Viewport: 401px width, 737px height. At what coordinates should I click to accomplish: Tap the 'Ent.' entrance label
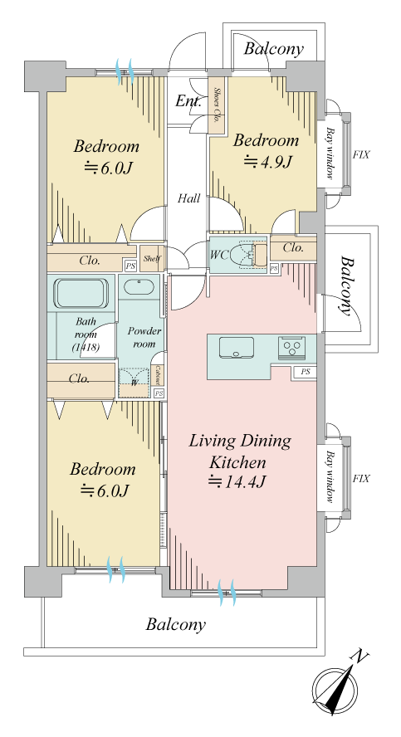click(x=188, y=100)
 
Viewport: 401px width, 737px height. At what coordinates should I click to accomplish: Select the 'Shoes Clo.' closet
click(x=217, y=105)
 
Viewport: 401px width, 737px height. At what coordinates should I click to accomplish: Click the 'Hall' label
click(x=189, y=198)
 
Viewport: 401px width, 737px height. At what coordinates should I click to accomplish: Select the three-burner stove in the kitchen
click(x=291, y=349)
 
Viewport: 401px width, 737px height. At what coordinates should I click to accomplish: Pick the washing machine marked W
click(x=134, y=383)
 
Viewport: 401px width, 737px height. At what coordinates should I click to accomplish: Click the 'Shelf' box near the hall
click(x=151, y=258)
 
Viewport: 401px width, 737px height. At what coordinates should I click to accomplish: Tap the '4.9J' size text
click(x=268, y=162)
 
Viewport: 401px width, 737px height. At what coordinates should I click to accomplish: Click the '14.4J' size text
click(x=238, y=482)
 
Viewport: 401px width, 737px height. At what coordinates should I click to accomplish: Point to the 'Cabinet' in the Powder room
click(x=158, y=375)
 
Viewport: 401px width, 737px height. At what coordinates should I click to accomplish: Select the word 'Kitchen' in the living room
click(x=237, y=462)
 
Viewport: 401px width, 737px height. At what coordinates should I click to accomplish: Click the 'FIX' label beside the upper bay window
click(x=361, y=154)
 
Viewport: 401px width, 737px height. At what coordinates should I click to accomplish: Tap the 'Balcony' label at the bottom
click(x=176, y=625)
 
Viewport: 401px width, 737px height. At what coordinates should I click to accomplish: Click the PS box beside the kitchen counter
click(x=306, y=372)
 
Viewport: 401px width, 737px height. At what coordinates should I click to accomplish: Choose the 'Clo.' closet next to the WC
click(x=293, y=247)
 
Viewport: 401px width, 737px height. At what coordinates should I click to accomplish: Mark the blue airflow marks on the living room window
click(x=227, y=593)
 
